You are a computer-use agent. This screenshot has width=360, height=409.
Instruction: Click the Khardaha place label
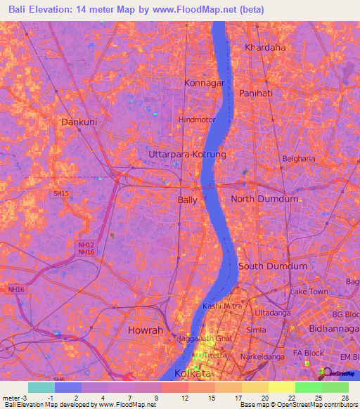tap(265, 47)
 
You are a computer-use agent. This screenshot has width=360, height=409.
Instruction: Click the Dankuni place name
tap(79, 122)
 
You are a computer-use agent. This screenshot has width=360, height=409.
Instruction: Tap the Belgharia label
tap(300, 159)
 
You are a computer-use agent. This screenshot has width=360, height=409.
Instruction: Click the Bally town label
tap(187, 200)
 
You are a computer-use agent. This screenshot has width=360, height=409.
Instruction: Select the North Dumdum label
tap(264, 199)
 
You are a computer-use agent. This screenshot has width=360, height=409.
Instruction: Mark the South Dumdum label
tap(272, 266)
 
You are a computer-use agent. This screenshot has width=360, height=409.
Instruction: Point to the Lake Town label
tap(309, 291)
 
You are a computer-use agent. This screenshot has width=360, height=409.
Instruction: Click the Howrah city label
tap(146, 330)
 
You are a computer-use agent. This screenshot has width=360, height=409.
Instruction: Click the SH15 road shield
tap(61, 193)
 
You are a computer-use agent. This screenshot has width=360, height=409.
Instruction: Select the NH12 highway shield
tap(84, 244)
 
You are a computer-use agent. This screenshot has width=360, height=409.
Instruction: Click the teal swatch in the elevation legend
tap(41, 387)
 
